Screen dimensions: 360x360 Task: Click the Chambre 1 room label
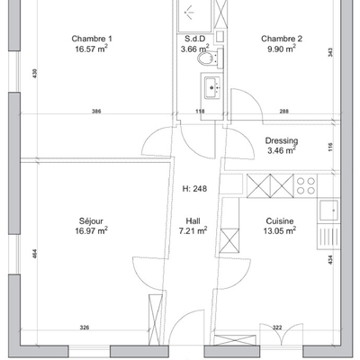click(92, 39)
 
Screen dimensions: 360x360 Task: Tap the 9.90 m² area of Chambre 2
click(282, 49)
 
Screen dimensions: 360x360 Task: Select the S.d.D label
click(194, 39)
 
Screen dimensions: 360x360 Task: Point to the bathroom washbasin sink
click(212, 87)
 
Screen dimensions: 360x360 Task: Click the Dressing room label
click(282, 140)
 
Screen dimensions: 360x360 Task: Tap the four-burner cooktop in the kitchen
click(306, 185)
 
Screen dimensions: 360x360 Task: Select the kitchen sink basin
click(328, 211)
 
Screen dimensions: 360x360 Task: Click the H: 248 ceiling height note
click(194, 189)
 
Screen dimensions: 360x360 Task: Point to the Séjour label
click(91, 221)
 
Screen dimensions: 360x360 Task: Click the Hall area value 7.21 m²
click(193, 230)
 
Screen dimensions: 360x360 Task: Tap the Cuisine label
click(280, 221)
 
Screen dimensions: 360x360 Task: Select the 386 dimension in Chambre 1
click(96, 112)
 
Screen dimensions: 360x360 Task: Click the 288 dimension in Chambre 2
click(284, 112)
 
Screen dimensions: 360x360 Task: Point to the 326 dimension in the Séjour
click(85, 328)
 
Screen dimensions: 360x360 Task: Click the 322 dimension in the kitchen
click(277, 328)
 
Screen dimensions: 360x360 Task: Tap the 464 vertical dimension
click(35, 254)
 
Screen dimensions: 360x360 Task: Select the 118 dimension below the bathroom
click(200, 112)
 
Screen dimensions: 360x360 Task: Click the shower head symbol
click(189, 12)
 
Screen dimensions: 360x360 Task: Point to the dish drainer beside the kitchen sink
click(328, 236)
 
